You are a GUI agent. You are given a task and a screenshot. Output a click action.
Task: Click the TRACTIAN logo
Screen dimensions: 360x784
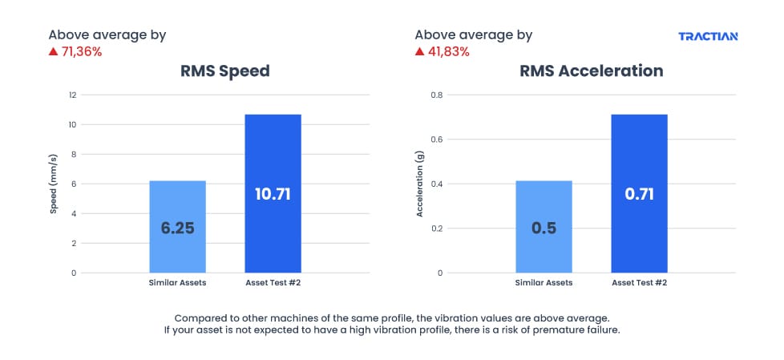pyautogui.click(x=708, y=36)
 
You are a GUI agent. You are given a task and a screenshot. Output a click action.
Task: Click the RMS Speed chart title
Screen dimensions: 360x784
pyautogui.click(x=224, y=71)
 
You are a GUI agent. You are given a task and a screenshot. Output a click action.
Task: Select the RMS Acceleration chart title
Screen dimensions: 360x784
pyautogui.click(x=592, y=71)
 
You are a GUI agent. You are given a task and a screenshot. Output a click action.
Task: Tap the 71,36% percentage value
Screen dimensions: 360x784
pyautogui.click(x=83, y=51)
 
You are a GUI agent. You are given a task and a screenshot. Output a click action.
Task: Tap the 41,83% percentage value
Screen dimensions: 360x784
pyautogui.click(x=449, y=51)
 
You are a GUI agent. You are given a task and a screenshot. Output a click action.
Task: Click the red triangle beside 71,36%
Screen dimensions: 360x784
pyautogui.click(x=54, y=51)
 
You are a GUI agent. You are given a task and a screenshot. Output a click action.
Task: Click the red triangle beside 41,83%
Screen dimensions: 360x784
pyautogui.click(x=420, y=51)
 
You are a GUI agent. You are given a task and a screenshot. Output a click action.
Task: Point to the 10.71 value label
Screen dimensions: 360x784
pyautogui.click(x=273, y=194)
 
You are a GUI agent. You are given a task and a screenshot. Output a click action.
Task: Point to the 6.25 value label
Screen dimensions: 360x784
pyautogui.click(x=178, y=228)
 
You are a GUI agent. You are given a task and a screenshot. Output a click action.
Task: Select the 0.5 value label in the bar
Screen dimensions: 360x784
pyautogui.click(x=544, y=228)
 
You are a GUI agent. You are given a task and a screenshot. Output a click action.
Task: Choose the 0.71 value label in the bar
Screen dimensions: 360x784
pyautogui.click(x=639, y=194)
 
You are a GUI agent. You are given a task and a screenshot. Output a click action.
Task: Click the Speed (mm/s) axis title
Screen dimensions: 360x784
pyautogui.click(x=54, y=184)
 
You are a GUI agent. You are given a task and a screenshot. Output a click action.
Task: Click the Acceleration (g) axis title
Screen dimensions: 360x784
pyautogui.click(x=419, y=184)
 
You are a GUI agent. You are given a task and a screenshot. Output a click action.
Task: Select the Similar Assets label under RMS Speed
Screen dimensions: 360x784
pyautogui.click(x=177, y=283)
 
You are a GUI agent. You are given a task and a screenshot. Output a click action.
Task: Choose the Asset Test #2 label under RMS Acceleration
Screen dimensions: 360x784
pyautogui.click(x=639, y=283)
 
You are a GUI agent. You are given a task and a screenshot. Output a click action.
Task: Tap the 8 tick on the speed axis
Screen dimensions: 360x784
pyautogui.click(x=73, y=154)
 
